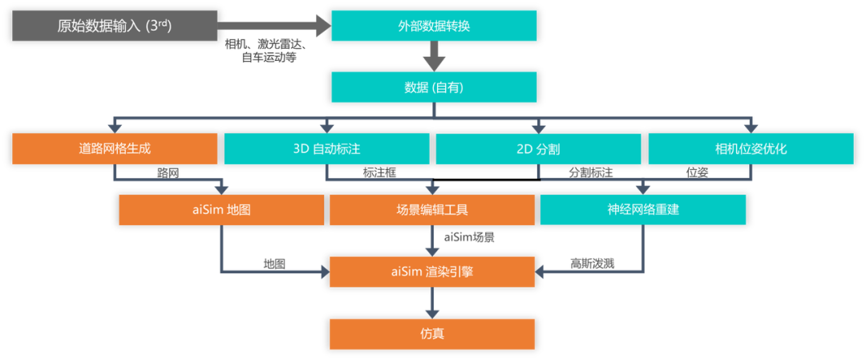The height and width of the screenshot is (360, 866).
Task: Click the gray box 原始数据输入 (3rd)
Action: tap(115, 26)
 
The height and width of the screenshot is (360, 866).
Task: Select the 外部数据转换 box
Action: tap(434, 26)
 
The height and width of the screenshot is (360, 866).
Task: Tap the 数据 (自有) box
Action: tap(434, 87)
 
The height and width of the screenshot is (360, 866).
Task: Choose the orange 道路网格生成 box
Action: tap(115, 148)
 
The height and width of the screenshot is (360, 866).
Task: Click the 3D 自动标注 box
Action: tap(326, 148)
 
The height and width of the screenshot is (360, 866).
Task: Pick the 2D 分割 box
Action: tap(538, 148)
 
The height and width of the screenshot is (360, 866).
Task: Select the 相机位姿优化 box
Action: tap(751, 148)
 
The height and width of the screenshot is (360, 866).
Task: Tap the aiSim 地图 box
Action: tap(221, 210)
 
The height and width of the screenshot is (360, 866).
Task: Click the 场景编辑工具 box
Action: tap(432, 210)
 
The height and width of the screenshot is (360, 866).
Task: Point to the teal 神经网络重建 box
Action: tap(643, 210)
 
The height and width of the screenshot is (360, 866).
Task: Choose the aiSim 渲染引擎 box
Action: tap(432, 272)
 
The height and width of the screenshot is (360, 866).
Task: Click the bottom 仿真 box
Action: tap(432, 334)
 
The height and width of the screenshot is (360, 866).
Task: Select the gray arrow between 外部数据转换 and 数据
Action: tap(434, 56)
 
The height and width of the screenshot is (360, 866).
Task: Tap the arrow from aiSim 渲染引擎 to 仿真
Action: tap(432, 303)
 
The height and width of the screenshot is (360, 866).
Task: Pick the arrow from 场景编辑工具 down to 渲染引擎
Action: tap(432, 241)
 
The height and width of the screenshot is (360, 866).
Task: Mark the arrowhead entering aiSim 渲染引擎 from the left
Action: tap(322, 273)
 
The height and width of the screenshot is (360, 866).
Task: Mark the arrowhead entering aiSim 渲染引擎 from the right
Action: tap(543, 273)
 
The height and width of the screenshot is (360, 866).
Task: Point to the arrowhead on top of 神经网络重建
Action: tap(643, 189)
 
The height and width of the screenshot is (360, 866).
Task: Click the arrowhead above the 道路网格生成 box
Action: tap(115, 126)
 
